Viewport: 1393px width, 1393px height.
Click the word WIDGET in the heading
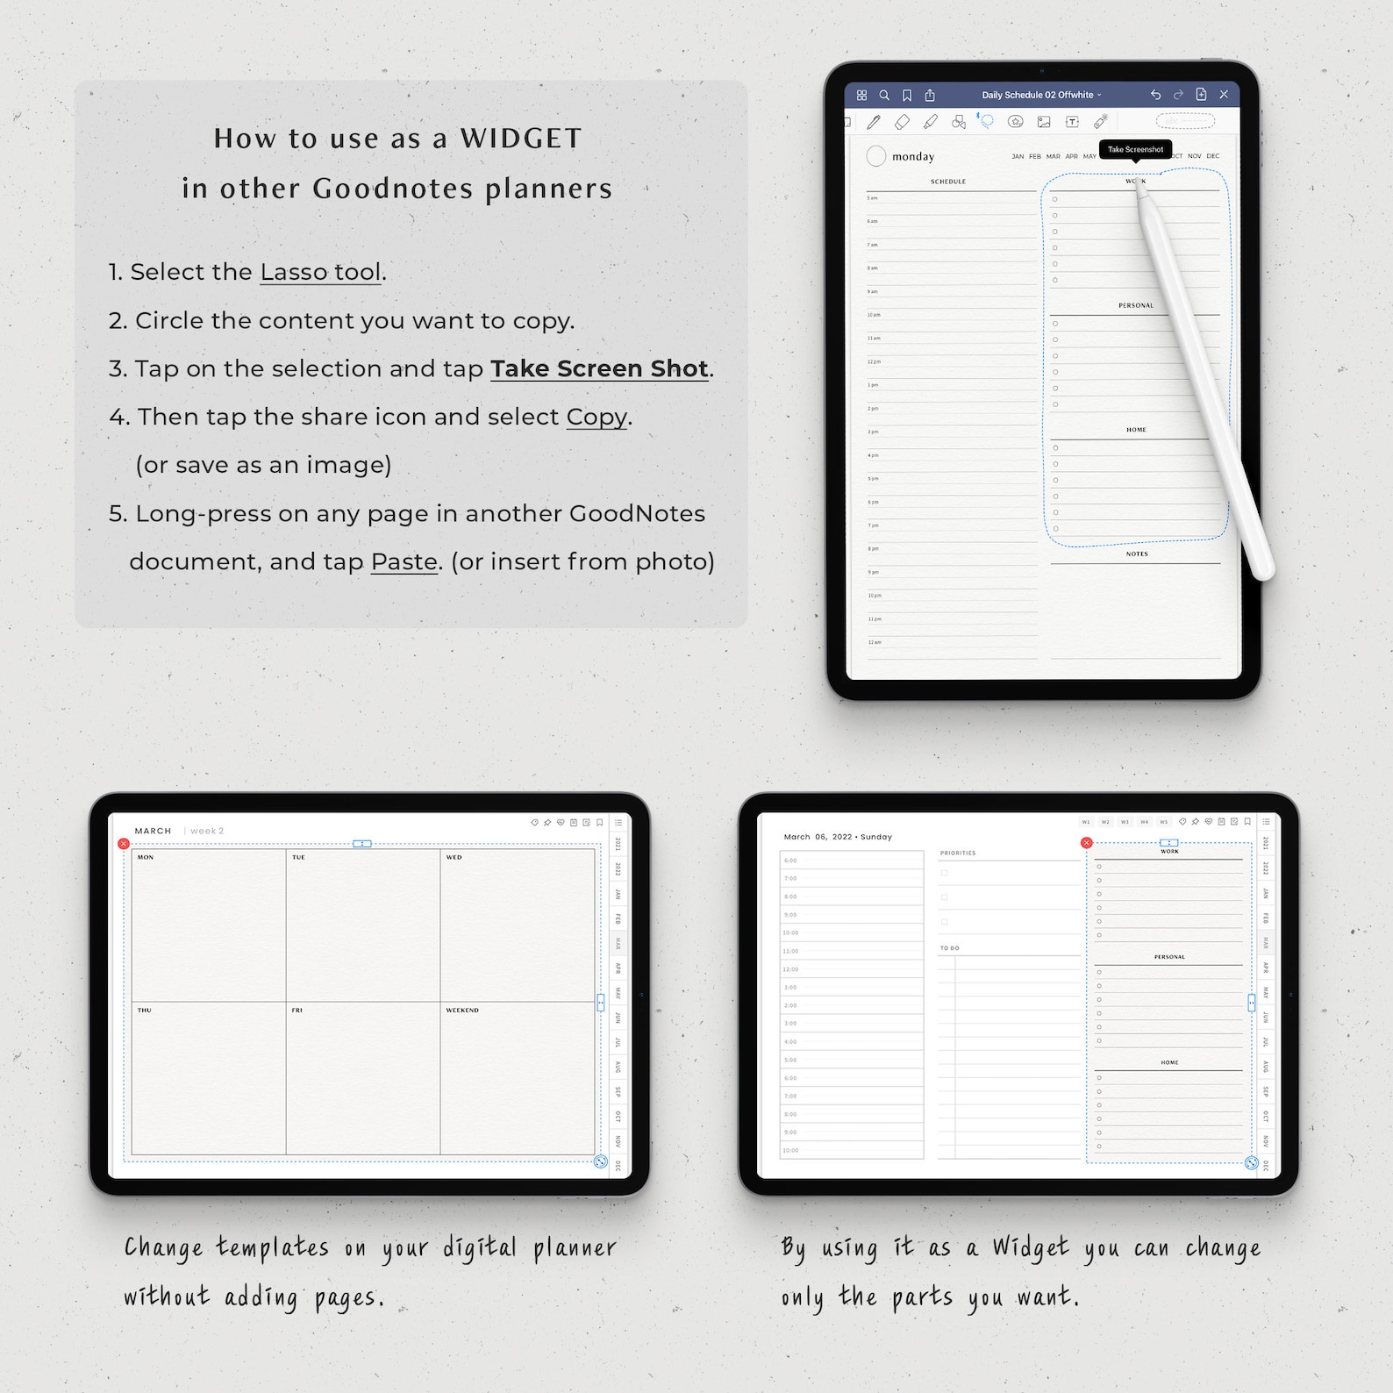point(520,139)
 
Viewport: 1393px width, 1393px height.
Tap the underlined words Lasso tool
point(321,272)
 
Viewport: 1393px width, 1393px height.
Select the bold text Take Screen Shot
point(599,368)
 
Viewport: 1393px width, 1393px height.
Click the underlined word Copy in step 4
point(596,417)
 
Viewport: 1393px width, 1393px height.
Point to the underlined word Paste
point(404,561)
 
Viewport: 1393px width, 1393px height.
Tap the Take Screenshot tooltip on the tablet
point(1135,149)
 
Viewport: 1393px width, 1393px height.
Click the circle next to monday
point(875,156)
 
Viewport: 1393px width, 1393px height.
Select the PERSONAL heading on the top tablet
point(1136,305)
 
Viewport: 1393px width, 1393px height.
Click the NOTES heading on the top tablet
point(1137,554)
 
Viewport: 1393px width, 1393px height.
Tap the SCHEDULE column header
point(948,182)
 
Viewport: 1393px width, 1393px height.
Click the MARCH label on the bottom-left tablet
point(153,831)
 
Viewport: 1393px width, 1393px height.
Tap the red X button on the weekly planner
point(124,844)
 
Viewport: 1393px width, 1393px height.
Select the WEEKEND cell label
point(462,1011)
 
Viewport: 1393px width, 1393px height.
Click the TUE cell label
point(298,857)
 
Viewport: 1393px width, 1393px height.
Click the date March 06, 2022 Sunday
point(837,837)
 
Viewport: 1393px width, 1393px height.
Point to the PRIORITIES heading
point(958,853)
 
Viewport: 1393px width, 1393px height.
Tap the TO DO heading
point(949,948)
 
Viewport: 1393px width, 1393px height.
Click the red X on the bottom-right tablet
point(1086,843)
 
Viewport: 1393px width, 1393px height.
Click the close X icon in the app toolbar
point(1224,95)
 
